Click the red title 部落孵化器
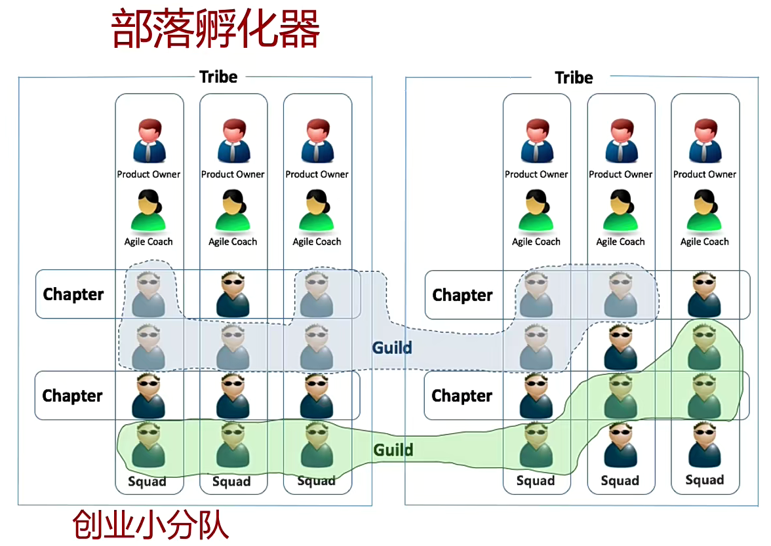coord(216,29)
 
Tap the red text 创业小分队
coord(151,524)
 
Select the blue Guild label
coord(392,347)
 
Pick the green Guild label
coord(393,450)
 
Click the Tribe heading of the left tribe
coord(218,77)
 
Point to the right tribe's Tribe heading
coord(574,77)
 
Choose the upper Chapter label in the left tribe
coord(73,294)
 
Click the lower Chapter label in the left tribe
coord(73,396)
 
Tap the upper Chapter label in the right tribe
coord(462,296)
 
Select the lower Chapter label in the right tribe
coord(462,396)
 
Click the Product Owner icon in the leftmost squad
coord(149,141)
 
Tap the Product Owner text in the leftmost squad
coord(149,174)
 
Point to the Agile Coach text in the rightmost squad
coord(705,242)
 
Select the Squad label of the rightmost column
coord(705,480)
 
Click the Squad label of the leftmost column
coord(147,482)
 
